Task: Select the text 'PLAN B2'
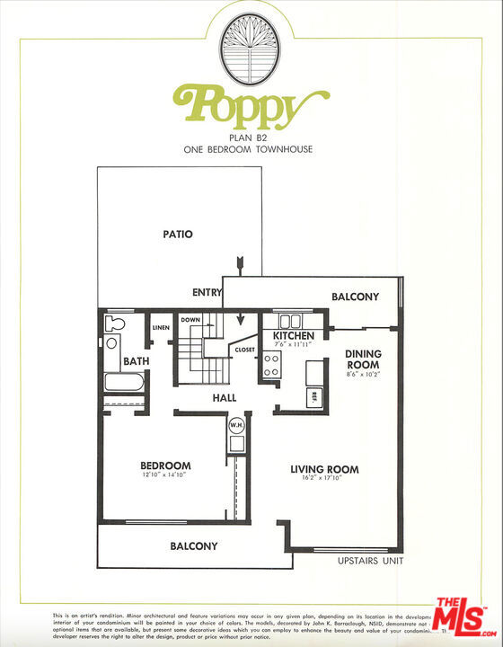[x=251, y=137]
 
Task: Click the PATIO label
[x=178, y=235]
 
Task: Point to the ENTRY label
[x=207, y=293]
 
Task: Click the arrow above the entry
[x=241, y=263]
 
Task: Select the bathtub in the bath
[x=124, y=382]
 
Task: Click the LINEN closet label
[x=161, y=328]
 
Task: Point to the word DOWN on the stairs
[x=190, y=320]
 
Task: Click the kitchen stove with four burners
[x=271, y=363]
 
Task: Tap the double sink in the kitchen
[x=289, y=321]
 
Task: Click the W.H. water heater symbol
[x=237, y=425]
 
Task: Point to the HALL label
[x=225, y=397]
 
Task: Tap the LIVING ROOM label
[x=324, y=469]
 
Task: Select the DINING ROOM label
[x=363, y=359]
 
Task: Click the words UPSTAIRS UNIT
[x=369, y=561]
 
